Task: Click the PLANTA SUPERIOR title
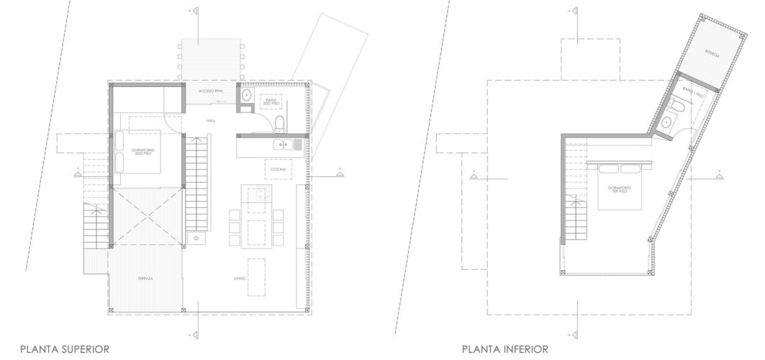[x=65, y=349]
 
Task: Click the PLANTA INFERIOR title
[x=504, y=349]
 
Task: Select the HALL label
[x=211, y=121]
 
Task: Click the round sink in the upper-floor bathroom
[x=246, y=94]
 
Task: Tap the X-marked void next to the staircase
[x=147, y=215]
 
